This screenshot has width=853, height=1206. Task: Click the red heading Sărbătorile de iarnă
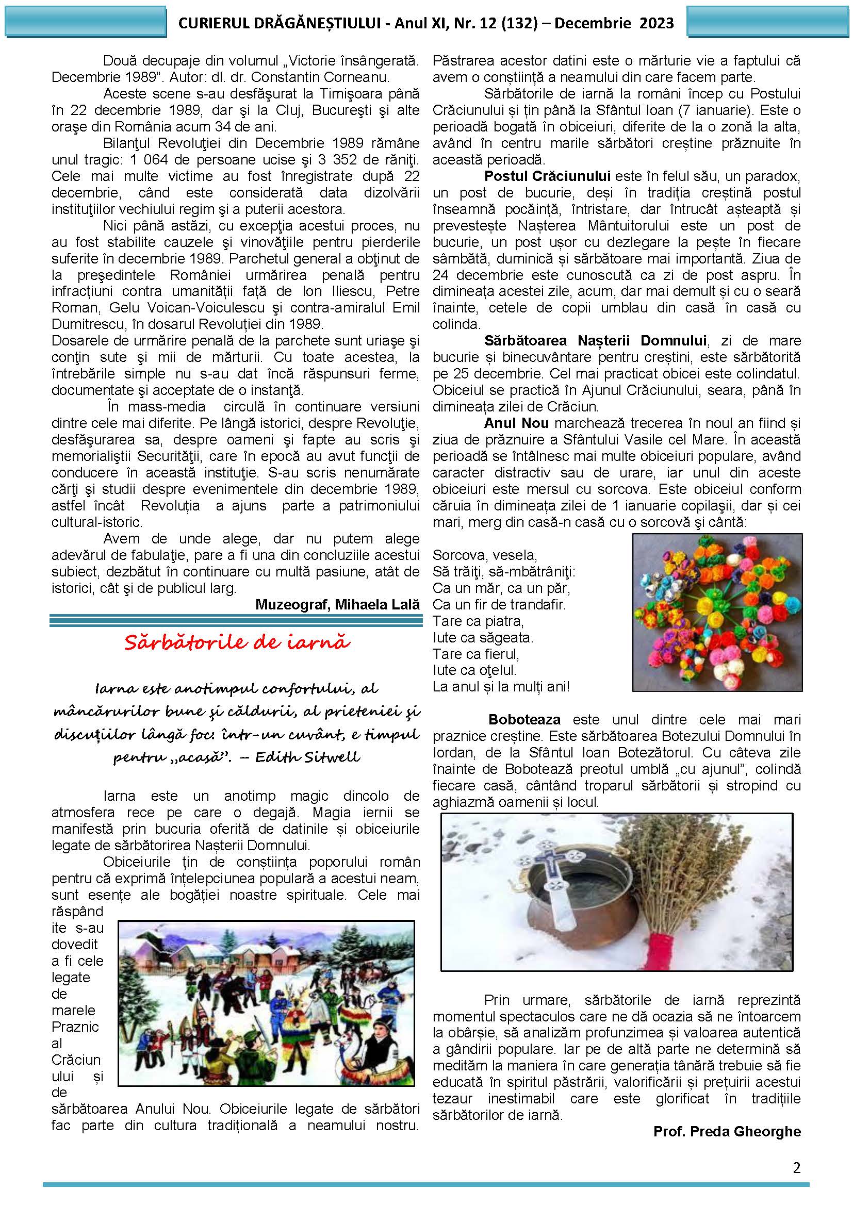pos(237,642)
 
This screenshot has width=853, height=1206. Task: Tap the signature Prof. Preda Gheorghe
pos(727,1131)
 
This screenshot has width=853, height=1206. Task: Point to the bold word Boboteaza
pos(524,719)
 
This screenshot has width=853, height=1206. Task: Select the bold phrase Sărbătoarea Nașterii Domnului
pos(595,340)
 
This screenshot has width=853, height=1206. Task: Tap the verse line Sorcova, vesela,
pos(485,555)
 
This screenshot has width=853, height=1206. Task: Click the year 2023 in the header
pos(656,23)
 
